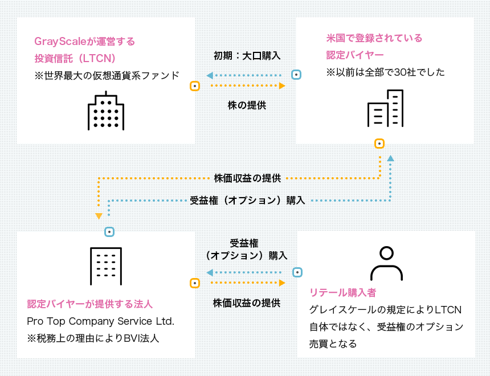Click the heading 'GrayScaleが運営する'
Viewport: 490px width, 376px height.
pyautogui.click(x=85, y=42)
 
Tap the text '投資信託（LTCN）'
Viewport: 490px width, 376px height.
pyautogui.click(x=75, y=58)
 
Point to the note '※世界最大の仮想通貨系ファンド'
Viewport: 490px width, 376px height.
pyautogui.click(x=107, y=75)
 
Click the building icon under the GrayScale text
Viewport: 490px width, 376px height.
pyautogui.click(x=105, y=111)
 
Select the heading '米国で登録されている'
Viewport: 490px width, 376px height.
pyautogui.click(x=374, y=38)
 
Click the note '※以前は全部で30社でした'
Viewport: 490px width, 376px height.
pyautogui.click(x=385, y=72)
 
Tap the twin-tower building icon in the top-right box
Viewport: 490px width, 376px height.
pyautogui.click(x=385, y=108)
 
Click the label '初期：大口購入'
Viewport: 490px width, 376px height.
pyautogui.click(x=247, y=56)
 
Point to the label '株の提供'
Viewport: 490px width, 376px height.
pyautogui.click(x=247, y=105)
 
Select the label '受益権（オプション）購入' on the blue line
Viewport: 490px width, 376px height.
pyautogui.click(x=247, y=201)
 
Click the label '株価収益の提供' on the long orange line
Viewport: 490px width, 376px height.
pyautogui.click(x=247, y=178)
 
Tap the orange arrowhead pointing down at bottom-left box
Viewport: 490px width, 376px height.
pyautogui.click(x=99, y=216)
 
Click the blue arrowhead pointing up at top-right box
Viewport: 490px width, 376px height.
pyautogui.click(x=390, y=158)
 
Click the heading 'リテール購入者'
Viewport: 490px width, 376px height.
pyautogui.click(x=342, y=293)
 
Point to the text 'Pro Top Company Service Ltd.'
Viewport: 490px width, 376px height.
pyautogui.click(x=100, y=321)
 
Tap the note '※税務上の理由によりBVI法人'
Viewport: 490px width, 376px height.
pyautogui.click(x=93, y=338)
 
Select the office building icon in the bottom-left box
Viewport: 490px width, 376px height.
pyautogui.click(x=106, y=266)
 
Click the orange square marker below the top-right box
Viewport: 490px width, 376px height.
pyautogui.click(x=379, y=144)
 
